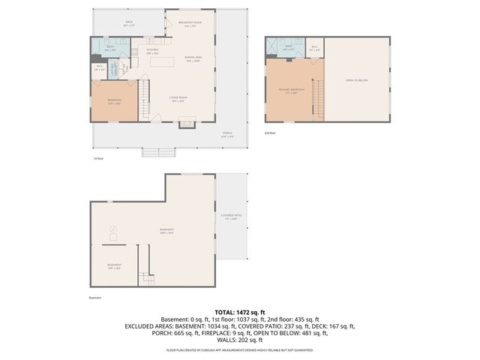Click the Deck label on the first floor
(130, 23)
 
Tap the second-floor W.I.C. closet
(315, 48)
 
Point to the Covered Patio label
(229, 218)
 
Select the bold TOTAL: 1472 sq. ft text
(240, 311)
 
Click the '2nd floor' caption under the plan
(271, 133)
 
